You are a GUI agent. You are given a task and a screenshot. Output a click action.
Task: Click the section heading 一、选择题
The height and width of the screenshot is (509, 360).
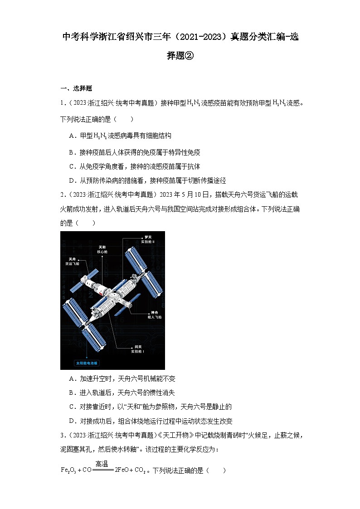click(x=76, y=88)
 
